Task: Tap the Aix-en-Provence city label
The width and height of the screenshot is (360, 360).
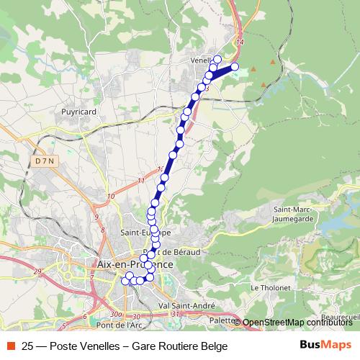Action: tap(133, 264)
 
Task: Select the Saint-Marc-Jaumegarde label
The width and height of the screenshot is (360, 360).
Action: tap(292, 213)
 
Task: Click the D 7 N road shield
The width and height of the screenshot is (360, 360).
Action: tap(44, 162)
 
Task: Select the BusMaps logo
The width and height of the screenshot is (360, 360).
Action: tap(325, 345)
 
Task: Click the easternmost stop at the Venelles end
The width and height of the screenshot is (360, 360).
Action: tap(234, 67)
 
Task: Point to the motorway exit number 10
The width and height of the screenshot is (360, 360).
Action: tap(110, 196)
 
